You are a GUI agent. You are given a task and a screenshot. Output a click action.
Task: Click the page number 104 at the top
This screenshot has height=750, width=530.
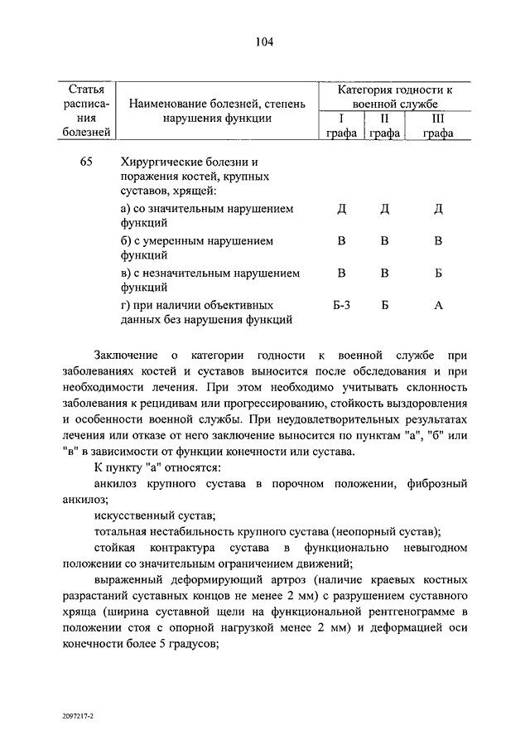tap(264, 42)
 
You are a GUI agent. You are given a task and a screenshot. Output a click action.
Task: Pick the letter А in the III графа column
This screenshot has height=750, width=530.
tap(438, 306)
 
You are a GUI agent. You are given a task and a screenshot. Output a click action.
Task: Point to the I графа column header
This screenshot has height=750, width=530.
tap(341, 126)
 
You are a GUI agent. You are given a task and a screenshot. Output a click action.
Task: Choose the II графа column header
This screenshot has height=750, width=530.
tap(385, 126)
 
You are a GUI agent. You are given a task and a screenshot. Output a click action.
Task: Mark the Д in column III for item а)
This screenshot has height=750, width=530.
tap(438, 208)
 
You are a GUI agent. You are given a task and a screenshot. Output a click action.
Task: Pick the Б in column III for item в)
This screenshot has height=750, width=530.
tap(438, 273)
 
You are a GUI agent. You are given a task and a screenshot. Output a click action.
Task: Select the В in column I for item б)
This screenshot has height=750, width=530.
tap(341, 240)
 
